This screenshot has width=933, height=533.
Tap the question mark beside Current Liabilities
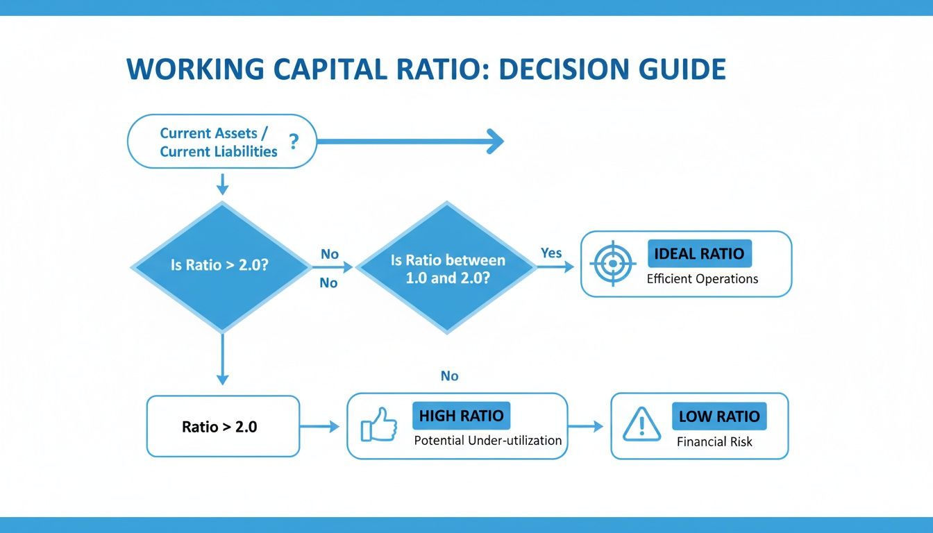click(294, 142)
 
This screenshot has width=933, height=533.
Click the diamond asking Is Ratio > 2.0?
click(221, 266)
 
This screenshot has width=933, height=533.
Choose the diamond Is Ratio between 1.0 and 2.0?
click(447, 267)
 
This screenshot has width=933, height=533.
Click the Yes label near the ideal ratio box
click(551, 253)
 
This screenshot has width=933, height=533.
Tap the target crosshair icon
click(612, 264)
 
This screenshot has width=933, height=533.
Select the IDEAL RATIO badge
click(699, 253)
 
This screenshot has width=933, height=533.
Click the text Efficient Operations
click(702, 279)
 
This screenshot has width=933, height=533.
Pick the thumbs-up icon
click(379, 425)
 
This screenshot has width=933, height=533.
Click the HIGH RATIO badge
click(461, 416)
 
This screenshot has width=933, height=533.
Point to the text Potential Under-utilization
click(487, 441)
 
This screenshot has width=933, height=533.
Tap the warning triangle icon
click(642, 425)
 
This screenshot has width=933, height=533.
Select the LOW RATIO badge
click(718, 416)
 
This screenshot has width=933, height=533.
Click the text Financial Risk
click(714, 441)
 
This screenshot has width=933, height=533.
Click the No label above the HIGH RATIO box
click(449, 376)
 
